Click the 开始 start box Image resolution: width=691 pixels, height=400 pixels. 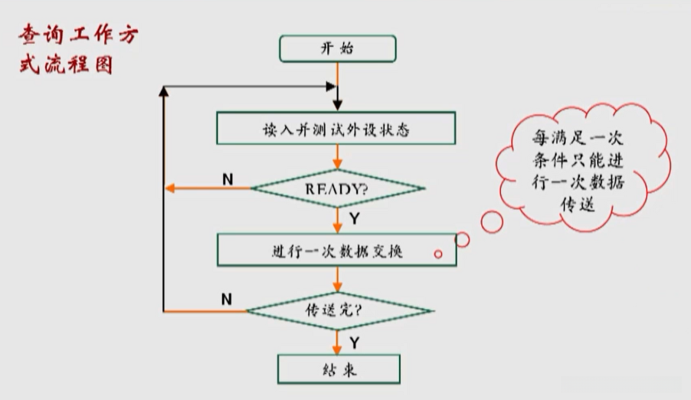coord(337,48)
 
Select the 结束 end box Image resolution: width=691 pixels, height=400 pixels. coord(338,369)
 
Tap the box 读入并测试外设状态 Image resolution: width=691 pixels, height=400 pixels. coord(336,129)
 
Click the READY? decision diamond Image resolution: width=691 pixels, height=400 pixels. coord(337,188)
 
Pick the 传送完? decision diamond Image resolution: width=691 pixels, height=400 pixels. coord(339,311)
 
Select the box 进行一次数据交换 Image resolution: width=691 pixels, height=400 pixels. coord(336,251)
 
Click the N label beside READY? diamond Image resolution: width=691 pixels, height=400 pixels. coord(228,179)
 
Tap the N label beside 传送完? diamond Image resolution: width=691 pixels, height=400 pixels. coord(227,300)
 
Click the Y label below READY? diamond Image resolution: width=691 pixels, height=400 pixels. coord(355,218)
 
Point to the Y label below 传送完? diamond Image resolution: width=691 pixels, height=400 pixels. coord(355,342)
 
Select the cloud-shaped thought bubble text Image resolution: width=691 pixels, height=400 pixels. coord(579,170)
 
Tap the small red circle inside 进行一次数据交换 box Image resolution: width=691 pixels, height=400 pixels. coord(438,254)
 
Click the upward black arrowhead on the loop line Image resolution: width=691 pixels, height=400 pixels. coord(163,90)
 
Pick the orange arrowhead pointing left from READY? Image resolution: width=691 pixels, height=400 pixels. coord(172,189)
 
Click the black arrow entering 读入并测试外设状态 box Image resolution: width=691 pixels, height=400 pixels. coord(337,103)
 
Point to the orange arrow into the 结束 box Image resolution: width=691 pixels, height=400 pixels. coord(338,346)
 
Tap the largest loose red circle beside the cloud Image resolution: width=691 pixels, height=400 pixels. coord(491,221)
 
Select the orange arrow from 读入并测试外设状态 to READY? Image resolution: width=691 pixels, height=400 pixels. coord(337,158)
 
